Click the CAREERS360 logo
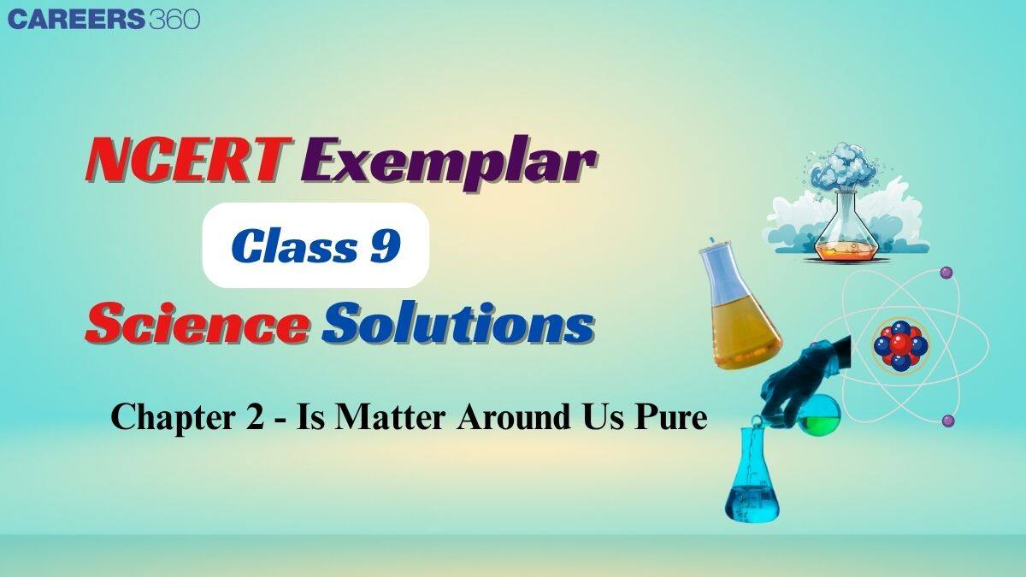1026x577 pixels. click(x=103, y=19)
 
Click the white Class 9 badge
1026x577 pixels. click(x=315, y=245)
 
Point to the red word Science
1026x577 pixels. click(x=197, y=327)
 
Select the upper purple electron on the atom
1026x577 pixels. click(x=946, y=272)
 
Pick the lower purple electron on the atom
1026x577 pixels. click(x=947, y=421)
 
